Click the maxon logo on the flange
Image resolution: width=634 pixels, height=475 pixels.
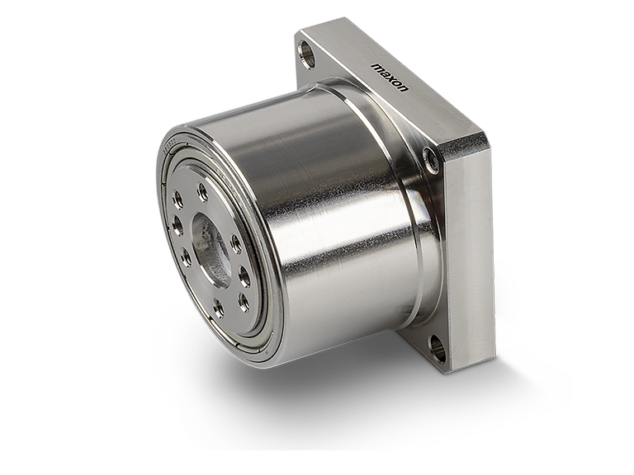(390, 78)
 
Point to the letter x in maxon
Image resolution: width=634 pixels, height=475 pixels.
(391, 78)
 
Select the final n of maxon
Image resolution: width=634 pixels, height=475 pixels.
(405, 89)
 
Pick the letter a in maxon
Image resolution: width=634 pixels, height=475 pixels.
(385, 73)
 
